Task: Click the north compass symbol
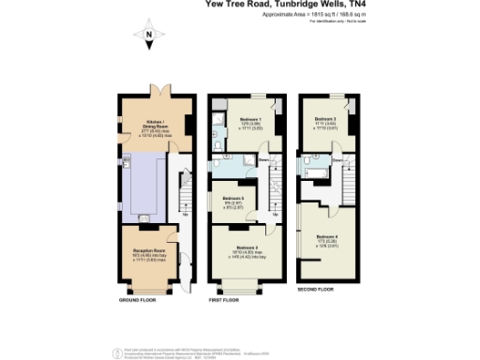(148, 38)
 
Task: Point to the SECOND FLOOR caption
(315, 290)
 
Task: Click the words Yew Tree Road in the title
(238, 5)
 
